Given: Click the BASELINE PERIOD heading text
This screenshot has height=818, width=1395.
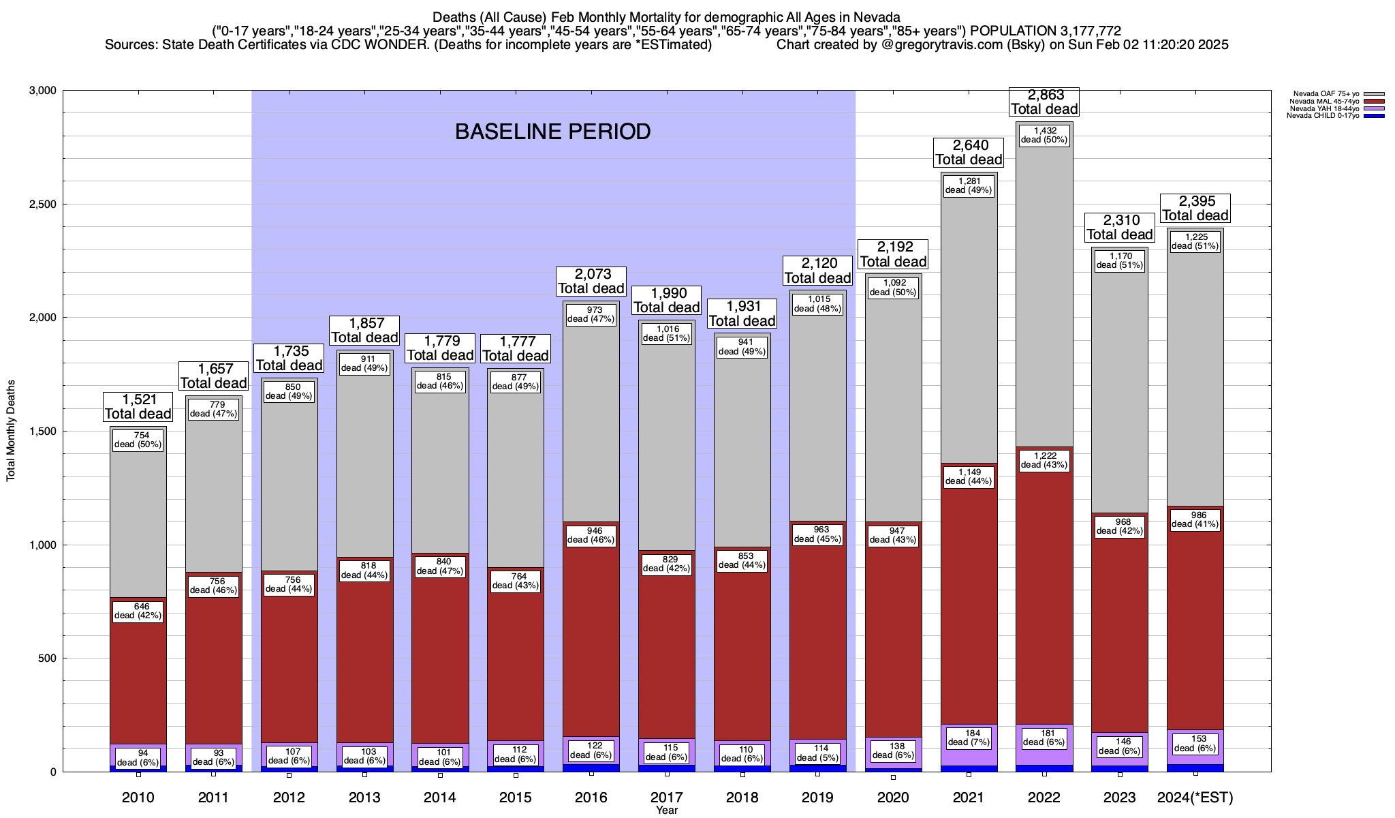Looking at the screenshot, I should pos(552,132).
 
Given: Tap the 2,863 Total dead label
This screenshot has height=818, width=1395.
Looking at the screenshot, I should pos(1044,102).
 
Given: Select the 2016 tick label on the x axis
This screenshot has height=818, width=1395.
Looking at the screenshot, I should pos(591,798).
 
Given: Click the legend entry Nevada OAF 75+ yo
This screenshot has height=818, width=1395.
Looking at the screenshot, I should pos(1322,94).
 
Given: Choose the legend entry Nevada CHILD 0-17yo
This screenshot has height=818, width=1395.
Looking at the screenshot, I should pos(1322,115).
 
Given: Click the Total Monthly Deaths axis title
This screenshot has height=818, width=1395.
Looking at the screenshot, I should pos(11,431).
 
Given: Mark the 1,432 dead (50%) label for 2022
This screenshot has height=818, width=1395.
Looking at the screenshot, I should pos(1044,135).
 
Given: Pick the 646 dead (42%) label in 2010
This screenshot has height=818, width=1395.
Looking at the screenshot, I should pos(138,611).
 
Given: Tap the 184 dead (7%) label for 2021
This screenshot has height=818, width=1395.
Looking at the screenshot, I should pos(969,738).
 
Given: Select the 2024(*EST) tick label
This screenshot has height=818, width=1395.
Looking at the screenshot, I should pos(1195,798).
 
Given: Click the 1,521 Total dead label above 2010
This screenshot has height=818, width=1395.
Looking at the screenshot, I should pos(138,407).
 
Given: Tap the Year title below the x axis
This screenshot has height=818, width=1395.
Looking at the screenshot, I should pos(667,810).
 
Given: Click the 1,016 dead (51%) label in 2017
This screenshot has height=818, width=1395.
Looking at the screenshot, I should pos(668,333).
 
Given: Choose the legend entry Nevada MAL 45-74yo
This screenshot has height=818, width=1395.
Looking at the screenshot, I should pos(1322,102).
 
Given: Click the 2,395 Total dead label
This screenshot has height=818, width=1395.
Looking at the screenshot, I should pos(1195,209).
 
